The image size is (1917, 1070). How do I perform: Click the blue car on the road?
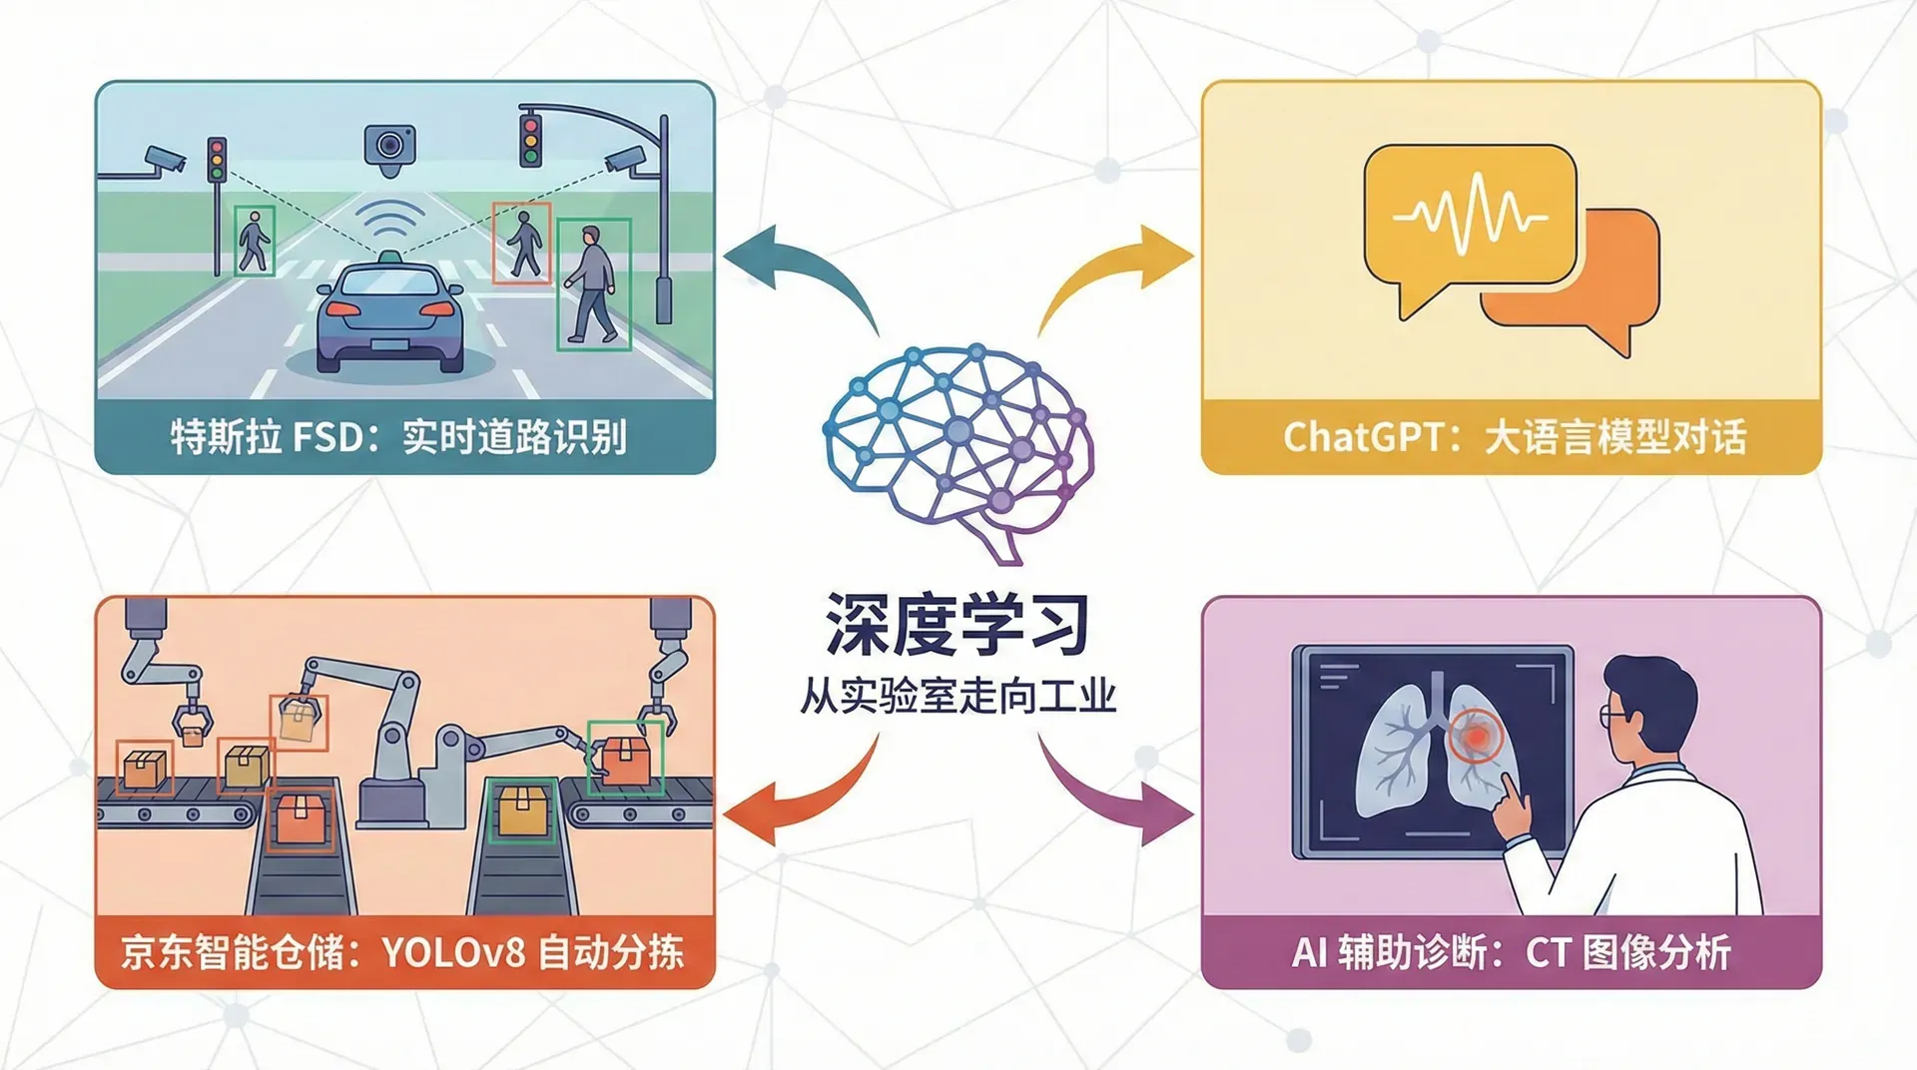(x=390, y=317)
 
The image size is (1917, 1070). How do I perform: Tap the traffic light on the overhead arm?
(x=530, y=141)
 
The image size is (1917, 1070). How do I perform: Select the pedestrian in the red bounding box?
(x=523, y=243)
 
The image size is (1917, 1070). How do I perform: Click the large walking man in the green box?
(x=592, y=283)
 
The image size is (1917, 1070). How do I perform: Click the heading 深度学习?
(x=958, y=625)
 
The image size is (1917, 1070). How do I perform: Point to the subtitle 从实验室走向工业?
(x=958, y=695)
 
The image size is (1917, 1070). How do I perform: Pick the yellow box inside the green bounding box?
(x=520, y=810)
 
